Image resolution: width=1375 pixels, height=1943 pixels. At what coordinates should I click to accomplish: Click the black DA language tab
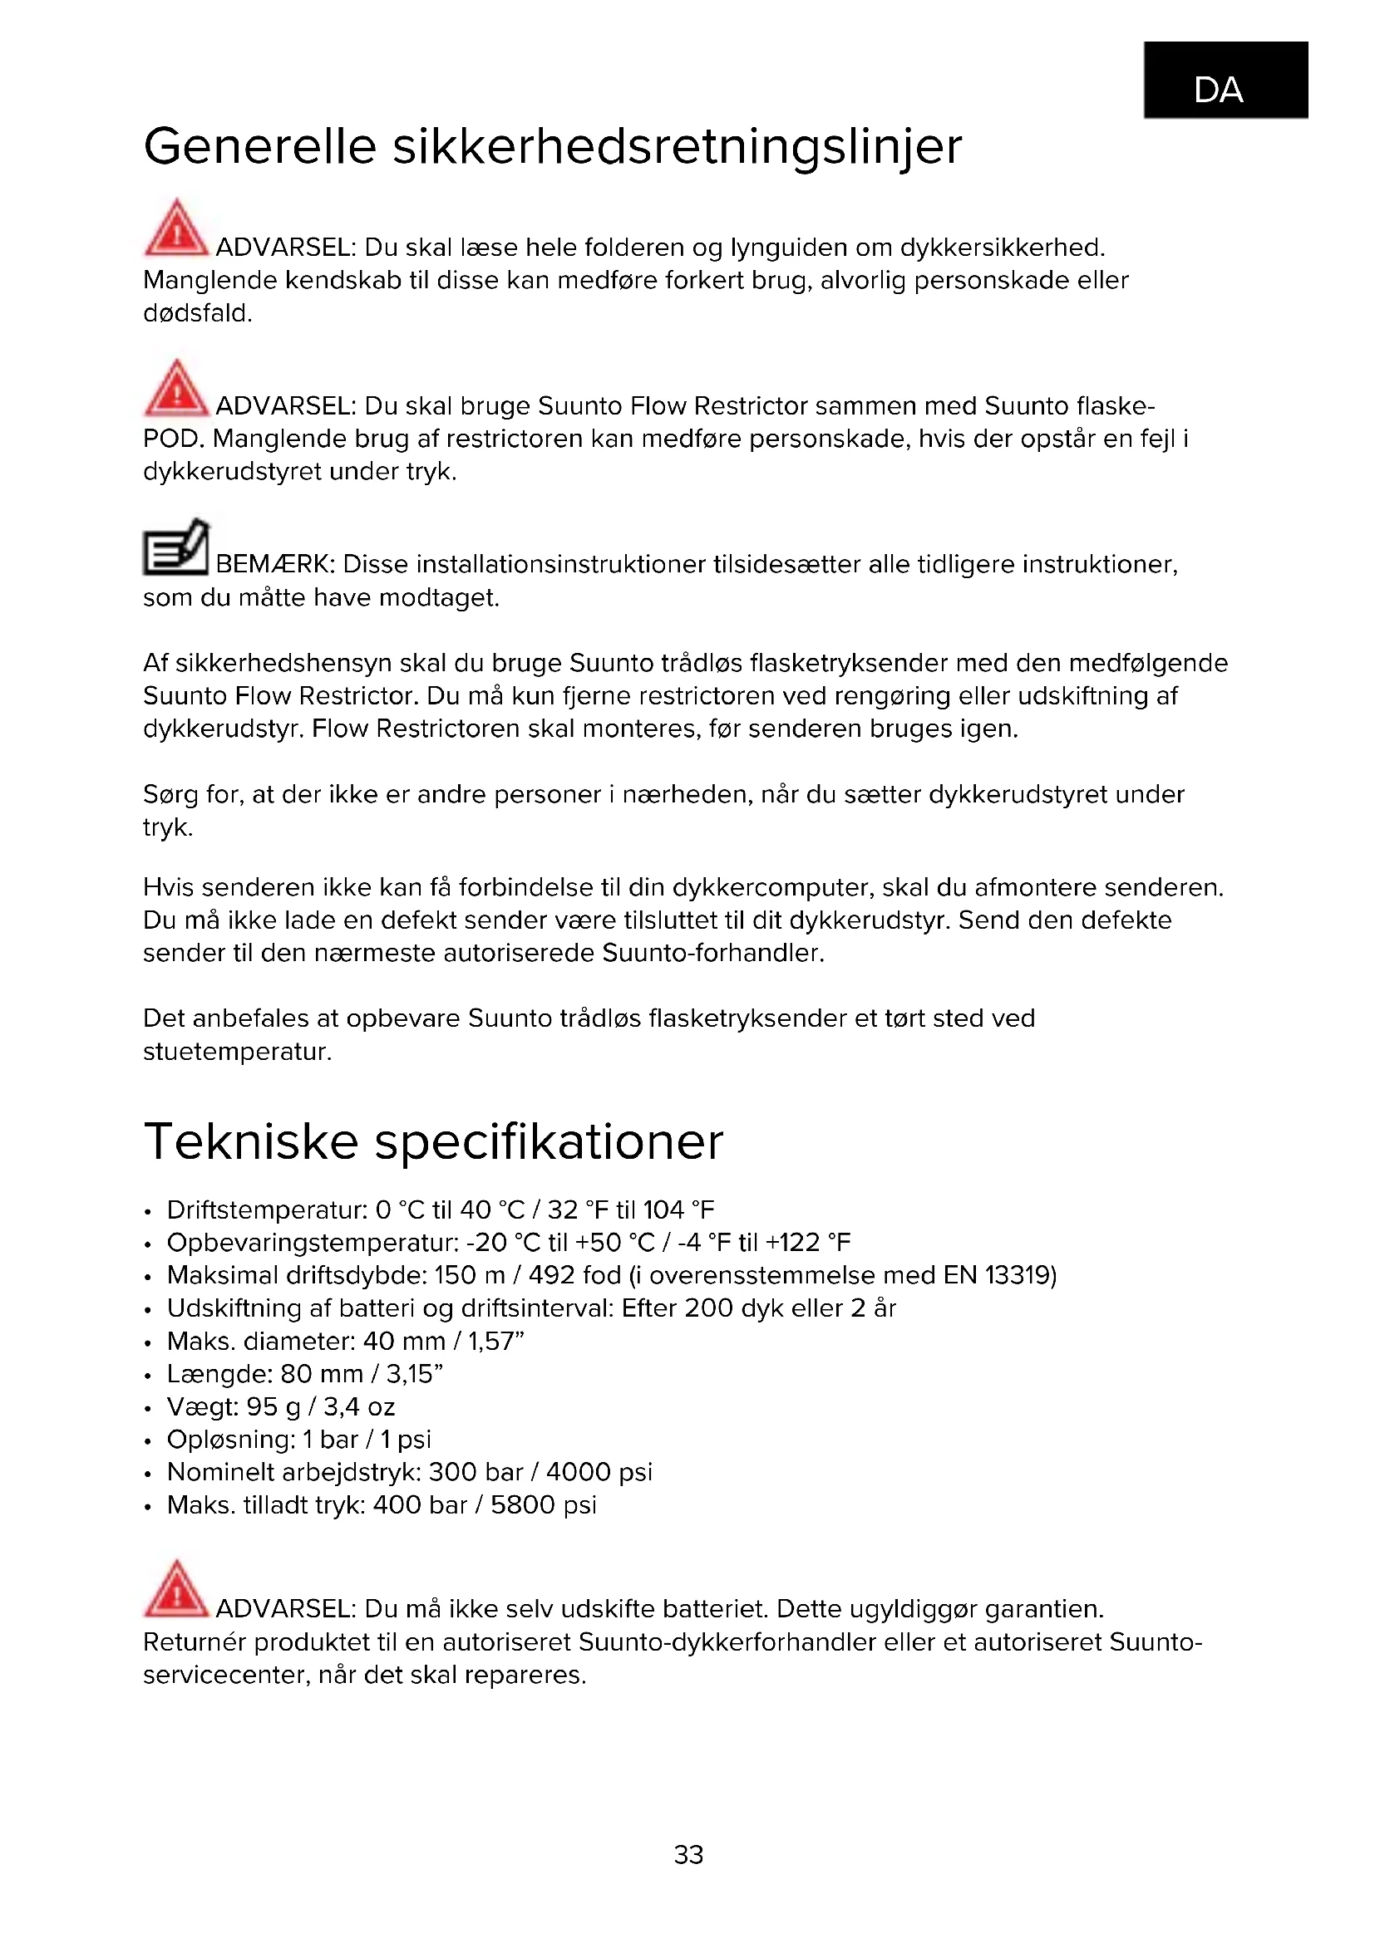(1225, 80)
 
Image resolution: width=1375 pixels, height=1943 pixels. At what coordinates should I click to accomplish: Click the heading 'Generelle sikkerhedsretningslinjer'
(552, 145)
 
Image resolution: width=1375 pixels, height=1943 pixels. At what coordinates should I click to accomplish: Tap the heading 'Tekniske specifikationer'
(433, 1141)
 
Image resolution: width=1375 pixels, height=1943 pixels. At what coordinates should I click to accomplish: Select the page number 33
(688, 1854)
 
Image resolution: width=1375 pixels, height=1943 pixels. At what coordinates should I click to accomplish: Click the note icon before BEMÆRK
(176, 547)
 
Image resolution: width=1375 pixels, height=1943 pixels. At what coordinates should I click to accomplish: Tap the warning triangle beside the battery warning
(176, 1588)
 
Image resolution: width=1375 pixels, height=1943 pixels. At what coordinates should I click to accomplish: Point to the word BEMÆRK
(276, 564)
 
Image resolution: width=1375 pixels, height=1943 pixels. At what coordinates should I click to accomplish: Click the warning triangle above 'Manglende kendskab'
(176, 228)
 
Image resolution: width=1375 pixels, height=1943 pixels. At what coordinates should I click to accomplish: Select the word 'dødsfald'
(196, 313)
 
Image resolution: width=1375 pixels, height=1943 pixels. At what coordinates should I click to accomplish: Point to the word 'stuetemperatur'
(236, 1052)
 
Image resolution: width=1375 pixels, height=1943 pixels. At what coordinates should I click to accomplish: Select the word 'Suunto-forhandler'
(712, 953)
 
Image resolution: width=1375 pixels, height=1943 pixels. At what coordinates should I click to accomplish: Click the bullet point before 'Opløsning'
(148, 1441)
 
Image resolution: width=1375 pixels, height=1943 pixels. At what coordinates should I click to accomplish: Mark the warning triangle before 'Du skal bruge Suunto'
(176, 388)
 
